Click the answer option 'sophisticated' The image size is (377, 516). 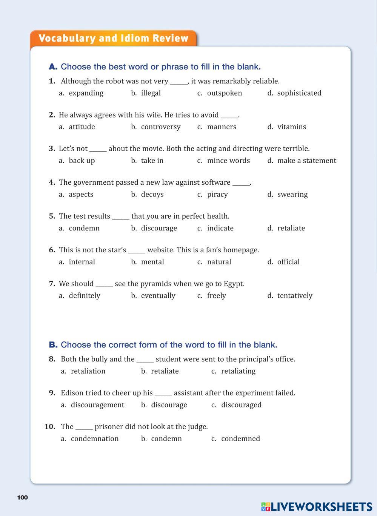coord(299,93)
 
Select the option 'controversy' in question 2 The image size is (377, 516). coord(160,127)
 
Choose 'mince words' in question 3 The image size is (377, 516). coord(228,161)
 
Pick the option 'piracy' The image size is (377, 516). coord(217,195)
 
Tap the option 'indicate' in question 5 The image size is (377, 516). coord(220,228)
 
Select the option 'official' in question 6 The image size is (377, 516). coord(288,262)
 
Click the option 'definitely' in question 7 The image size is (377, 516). coord(84,296)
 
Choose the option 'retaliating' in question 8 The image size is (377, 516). coord(238,371)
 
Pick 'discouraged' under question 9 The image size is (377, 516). coord(241,405)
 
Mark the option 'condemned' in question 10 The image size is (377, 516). coord(240,439)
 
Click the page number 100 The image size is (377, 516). coord(23,497)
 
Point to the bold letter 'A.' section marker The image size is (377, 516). coord(53,67)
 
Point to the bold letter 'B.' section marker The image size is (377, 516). coord(53,345)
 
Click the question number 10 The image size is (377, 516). coord(50,426)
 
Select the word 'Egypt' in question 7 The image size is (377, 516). coord(234,284)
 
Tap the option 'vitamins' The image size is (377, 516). coord(291,127)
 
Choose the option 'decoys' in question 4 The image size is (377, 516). coord(152,195)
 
